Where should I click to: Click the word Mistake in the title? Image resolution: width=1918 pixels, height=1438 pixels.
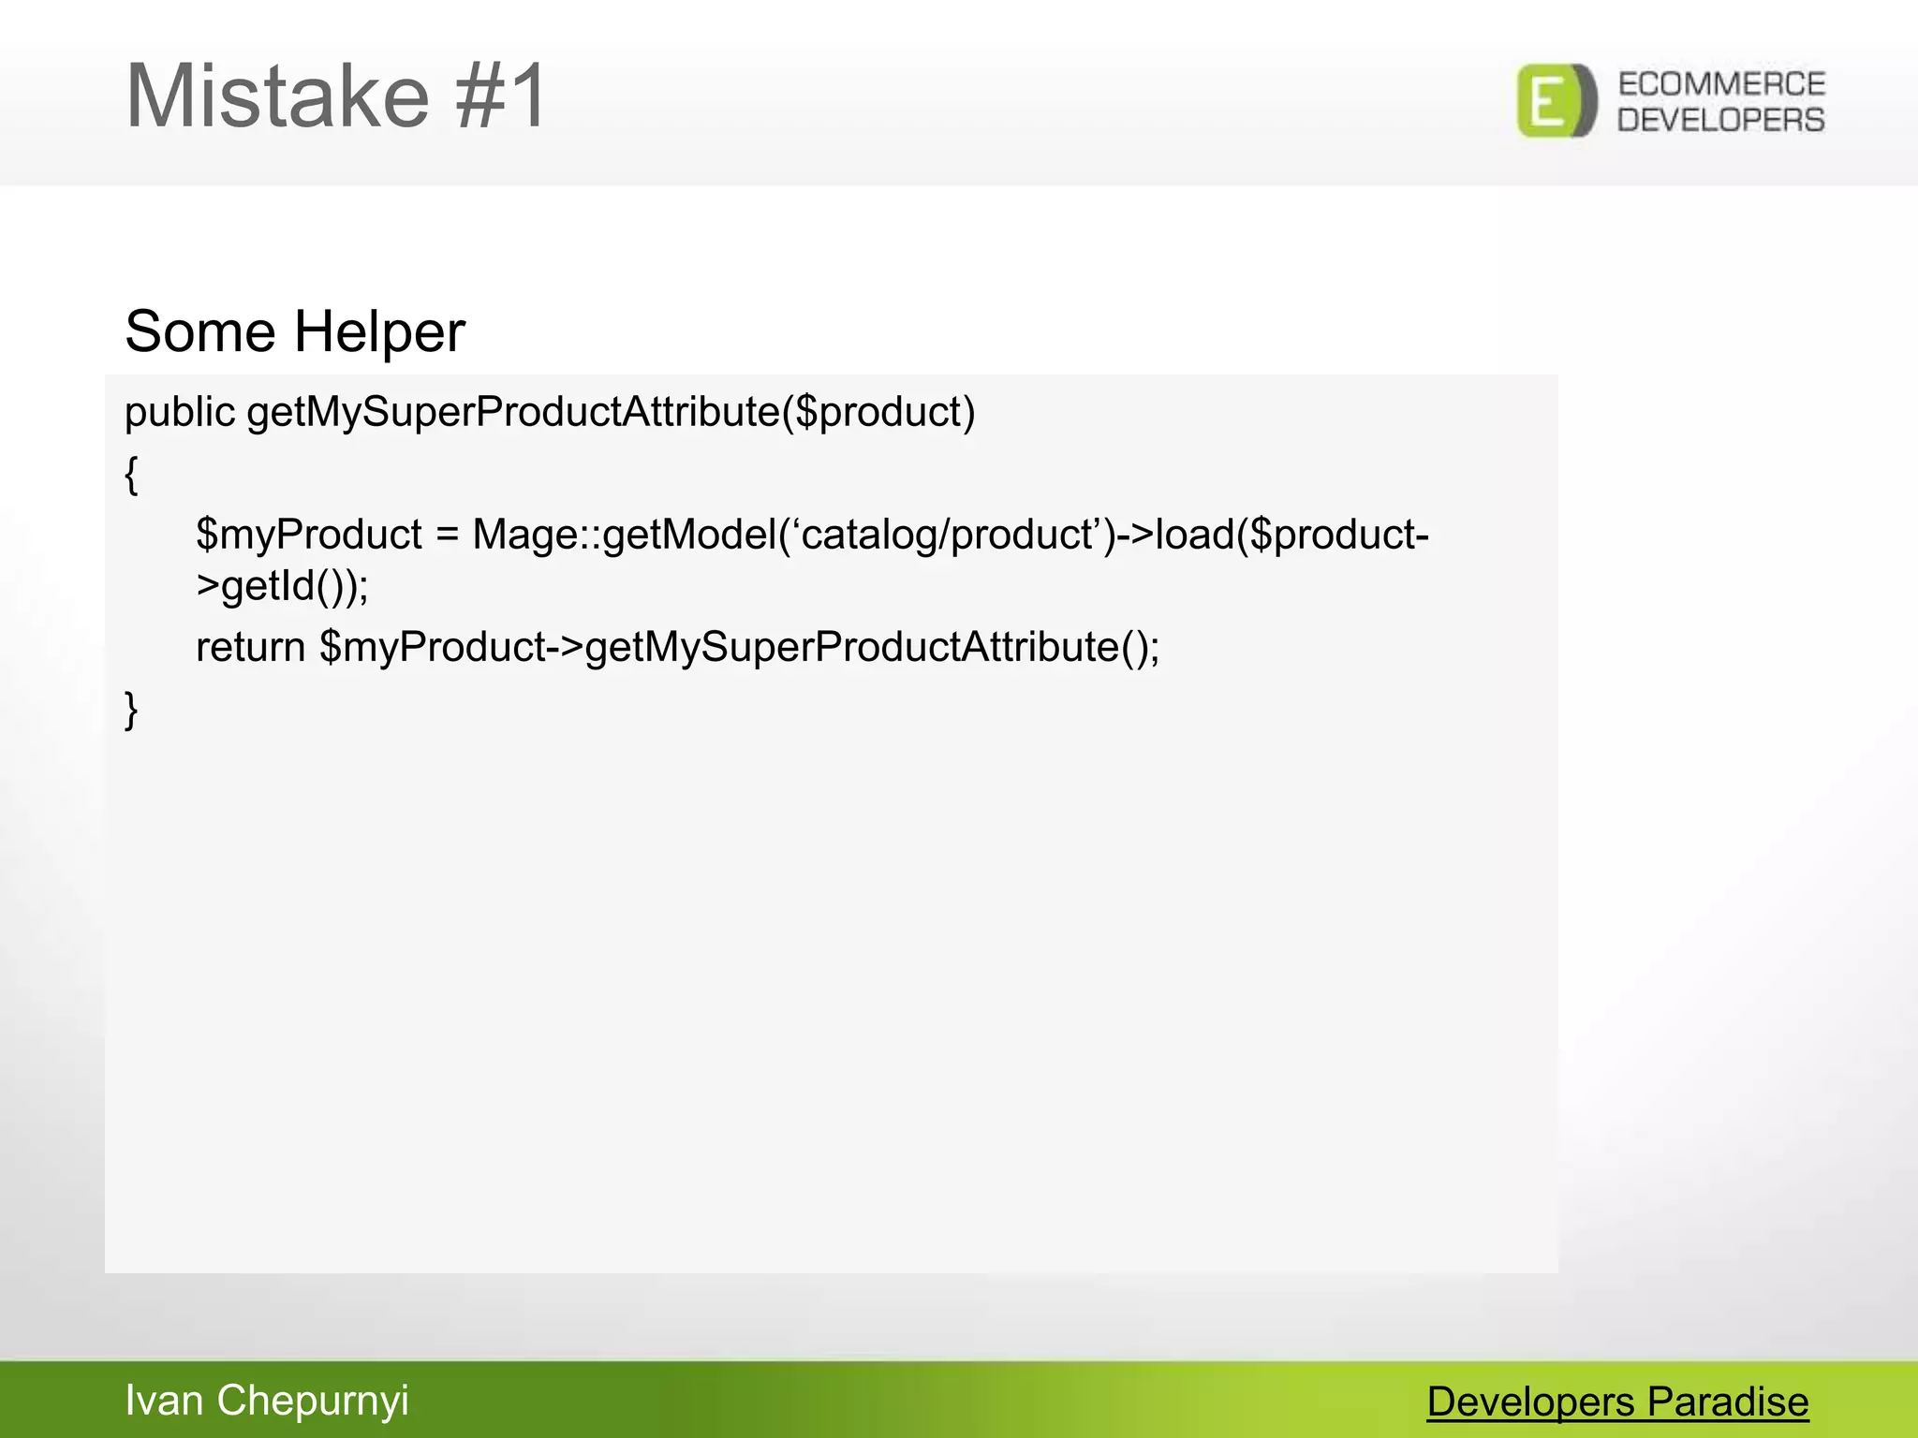point(277,96)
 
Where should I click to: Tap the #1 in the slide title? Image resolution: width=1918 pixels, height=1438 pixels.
point(501,96)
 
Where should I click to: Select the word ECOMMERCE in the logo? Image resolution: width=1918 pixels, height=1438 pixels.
point(1721,84)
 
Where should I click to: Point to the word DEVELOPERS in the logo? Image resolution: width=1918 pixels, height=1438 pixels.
point(1721,120)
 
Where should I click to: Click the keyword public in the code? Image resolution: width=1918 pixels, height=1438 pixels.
point(180,413)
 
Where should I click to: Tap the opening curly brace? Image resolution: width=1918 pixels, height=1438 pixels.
point(131,475)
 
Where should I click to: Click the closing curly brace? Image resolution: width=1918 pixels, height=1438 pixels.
point(131,709)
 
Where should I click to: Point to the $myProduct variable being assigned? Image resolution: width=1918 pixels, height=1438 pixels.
point(309,536)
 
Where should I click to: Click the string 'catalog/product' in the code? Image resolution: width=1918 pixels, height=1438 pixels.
point(946,536)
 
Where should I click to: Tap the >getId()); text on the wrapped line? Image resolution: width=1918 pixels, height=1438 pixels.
point(282,587)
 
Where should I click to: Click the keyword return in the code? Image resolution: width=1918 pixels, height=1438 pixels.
point(250,647)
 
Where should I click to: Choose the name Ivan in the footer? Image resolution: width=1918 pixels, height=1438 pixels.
point(164,1401)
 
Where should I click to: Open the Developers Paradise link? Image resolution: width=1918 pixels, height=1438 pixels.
point(1617,1402)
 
